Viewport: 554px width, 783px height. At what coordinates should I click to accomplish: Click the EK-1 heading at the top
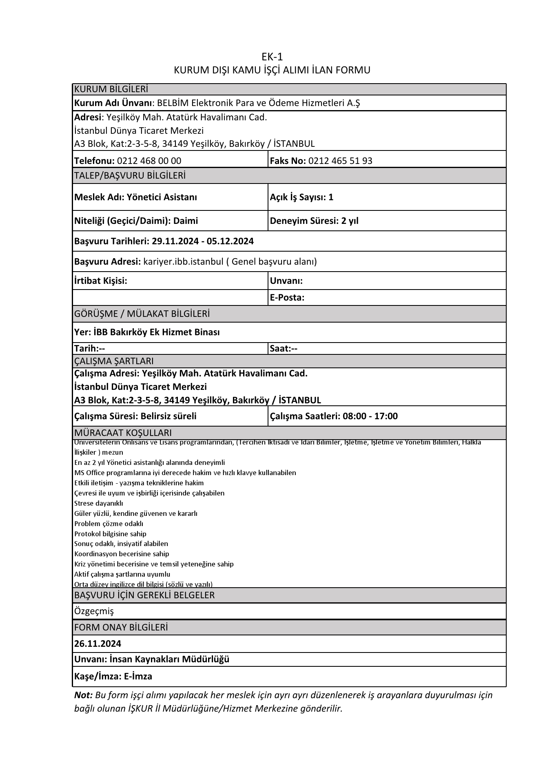(x=272, y=57)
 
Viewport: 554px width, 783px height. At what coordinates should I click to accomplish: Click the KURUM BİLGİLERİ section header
(x=111, y=89)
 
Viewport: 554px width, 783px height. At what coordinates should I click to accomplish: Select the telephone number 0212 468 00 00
(x=149, y=161)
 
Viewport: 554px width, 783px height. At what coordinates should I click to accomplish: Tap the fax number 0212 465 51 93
(x=340, y=161)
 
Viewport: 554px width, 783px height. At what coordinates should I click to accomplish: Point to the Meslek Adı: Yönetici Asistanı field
(x=135, y=197)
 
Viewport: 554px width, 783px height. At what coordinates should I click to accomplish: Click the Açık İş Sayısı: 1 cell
(x=301, y=197)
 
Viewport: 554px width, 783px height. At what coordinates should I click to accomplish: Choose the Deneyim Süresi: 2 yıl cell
(x=314, y=221)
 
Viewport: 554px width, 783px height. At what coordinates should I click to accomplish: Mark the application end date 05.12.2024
(x=230, y=241)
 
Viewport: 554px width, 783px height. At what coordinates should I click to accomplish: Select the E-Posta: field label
(x=287, y=298)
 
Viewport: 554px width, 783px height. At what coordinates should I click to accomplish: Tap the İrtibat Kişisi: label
(x=100, y=281)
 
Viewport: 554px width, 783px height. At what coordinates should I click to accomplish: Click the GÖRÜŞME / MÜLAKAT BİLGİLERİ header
(x=142, y=314)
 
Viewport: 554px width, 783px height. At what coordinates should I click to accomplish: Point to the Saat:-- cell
(x=284, y=349)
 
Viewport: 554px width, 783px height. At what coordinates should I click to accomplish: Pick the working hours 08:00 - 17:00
(x=370, y=416)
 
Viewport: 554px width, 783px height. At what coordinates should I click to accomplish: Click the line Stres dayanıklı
(x=98, y=503)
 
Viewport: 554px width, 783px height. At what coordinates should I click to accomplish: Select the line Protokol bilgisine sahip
(x=110, y=534)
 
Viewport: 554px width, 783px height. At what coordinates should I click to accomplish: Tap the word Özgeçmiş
(x=94, y=611)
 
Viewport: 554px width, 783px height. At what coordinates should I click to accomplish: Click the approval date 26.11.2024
(x=98, y=644)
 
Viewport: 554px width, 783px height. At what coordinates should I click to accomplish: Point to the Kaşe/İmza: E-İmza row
(x=113, y=677)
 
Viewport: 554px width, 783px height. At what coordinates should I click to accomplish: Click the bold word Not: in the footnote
(x=83, y=695)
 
